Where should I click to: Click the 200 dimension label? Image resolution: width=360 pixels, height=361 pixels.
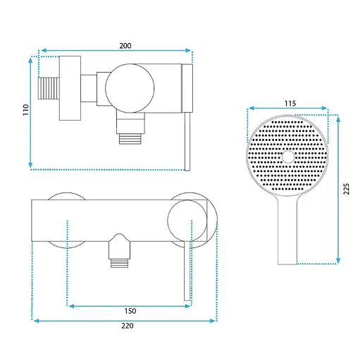click(125, 46)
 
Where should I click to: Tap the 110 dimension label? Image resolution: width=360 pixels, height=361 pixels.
click(25, 109)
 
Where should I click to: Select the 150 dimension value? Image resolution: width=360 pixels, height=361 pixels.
click(130, 311)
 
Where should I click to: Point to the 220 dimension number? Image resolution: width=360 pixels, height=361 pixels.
click(128, 326)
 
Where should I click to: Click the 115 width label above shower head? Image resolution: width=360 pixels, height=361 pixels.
click(290, 104)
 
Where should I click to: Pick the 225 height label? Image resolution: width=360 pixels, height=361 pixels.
click(347, 189)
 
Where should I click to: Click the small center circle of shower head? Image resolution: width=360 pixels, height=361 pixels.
click(288, 157)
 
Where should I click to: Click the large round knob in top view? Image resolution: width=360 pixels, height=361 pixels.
click(130, 88)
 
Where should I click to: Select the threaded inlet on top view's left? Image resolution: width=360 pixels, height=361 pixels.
click(49, 89)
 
